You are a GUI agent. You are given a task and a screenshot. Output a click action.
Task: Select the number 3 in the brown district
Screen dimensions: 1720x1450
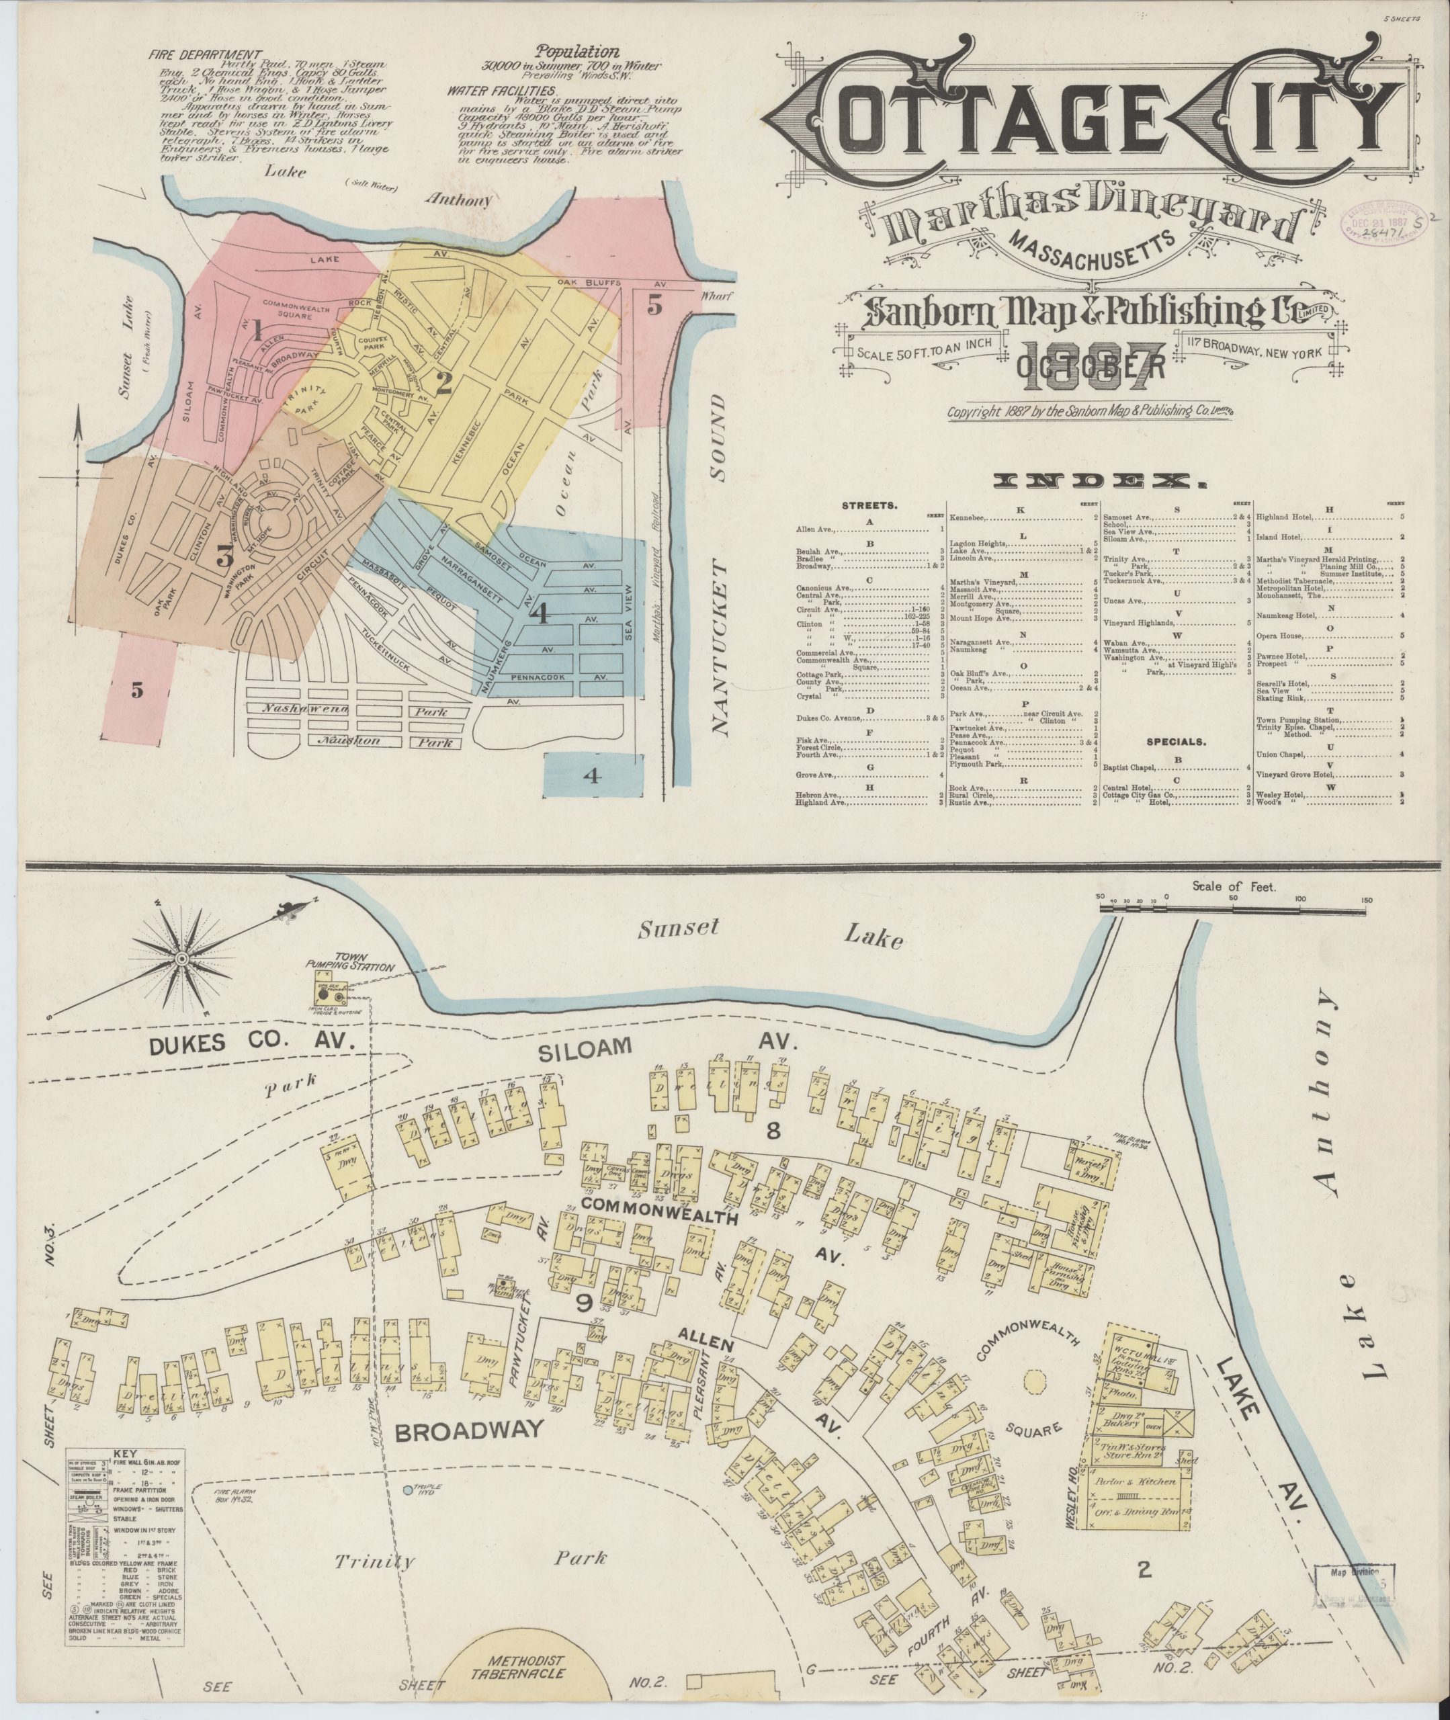tap(223, 556)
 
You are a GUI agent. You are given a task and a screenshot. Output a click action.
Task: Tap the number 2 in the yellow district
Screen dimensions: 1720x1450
tap(444, 384)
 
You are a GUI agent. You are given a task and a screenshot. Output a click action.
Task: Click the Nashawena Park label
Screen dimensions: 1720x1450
tap(353, 707)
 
